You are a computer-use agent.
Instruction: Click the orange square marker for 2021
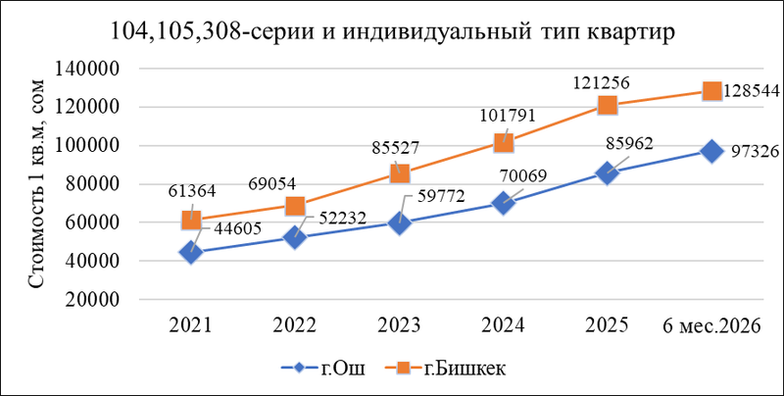(x=191, y=220)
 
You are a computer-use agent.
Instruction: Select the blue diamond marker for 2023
(x=399, y=223)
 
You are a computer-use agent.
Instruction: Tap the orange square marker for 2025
(x=607, y=106)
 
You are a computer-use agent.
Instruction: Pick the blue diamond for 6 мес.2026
(x=711, y=151)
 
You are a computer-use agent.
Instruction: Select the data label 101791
(x=508, y=115)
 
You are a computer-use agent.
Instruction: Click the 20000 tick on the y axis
(x=90, y=299)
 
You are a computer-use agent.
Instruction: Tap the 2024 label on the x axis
(x=503, y=325)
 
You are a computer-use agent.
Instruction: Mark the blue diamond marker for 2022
(x=295, y=237)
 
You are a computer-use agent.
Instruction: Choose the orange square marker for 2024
(x=503, y=143)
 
